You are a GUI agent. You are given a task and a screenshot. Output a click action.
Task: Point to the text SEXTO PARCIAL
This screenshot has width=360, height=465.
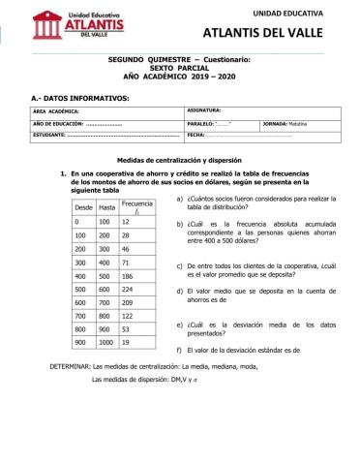click(x=179, y=67)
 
